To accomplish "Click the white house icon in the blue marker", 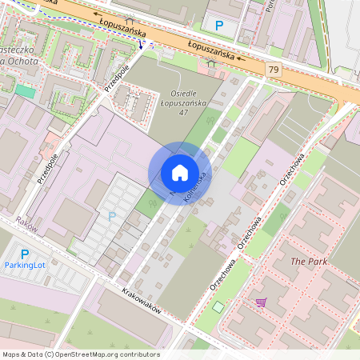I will pos(179,173).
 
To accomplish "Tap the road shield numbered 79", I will pos(274,71).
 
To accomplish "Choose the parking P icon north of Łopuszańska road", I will pos(219,26).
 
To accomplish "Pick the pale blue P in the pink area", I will pos(111,216).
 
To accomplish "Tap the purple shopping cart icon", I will pos(261,302).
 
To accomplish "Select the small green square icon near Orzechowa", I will pos(218,307).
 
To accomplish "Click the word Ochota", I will pos(20,70).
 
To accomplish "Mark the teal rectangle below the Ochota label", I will pos(25,91).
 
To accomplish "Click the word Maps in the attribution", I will pos(12,354).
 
